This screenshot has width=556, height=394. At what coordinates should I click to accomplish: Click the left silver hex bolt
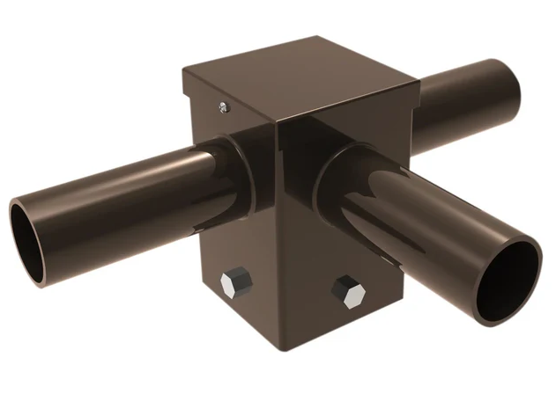(235, 286)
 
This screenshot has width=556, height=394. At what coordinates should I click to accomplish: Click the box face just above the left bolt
(235, 255)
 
